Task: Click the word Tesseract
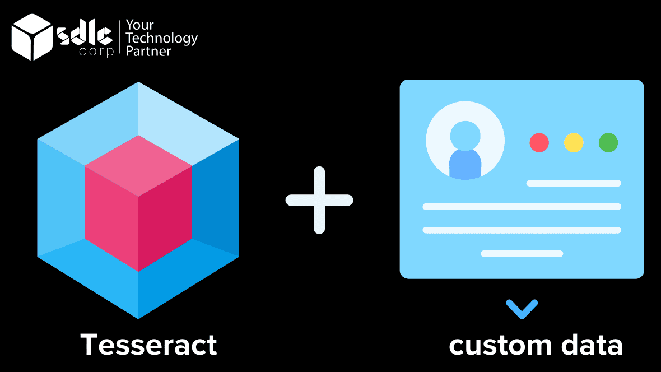coord(148,344)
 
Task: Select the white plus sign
coord(319,200)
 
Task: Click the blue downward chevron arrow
coord(522,309)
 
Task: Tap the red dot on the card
coord(539,142)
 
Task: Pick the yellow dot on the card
coord(574,142)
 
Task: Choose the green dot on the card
coord(608,142)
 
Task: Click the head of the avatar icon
coord(465,134)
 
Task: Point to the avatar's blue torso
coord(465,164)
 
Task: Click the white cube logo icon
coord(32,37)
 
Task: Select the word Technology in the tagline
coord(162,38)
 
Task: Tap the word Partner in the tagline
coord(148,52)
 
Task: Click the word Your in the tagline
coord(139,25)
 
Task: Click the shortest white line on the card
coord(522,254)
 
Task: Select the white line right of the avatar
coord(574,183)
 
